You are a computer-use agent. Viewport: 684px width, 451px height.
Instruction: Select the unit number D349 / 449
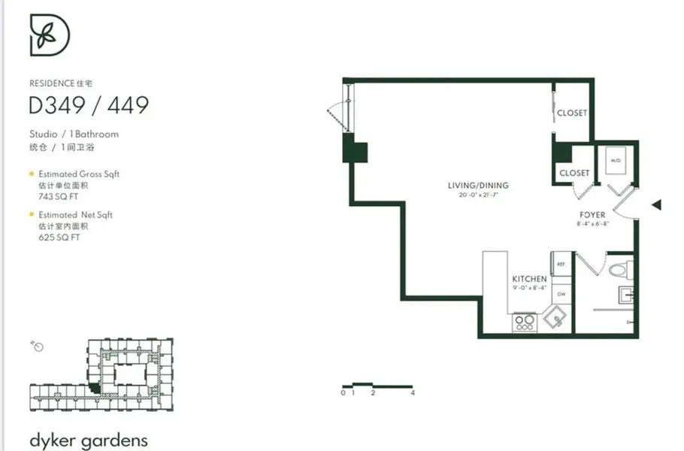click(89, 105)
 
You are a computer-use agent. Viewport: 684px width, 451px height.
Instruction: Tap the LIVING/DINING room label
click(478, 186)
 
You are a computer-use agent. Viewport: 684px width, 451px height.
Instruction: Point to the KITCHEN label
click(529, 279)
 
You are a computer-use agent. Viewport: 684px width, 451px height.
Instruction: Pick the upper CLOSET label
click(572, 114)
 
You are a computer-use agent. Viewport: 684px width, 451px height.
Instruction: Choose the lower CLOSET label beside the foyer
click(574, 173)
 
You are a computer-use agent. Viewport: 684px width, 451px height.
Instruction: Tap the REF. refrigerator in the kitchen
click(561, 265)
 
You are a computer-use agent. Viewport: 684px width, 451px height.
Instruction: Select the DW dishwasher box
click(561, 294)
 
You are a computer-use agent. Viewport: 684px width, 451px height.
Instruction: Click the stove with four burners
click(525, 322)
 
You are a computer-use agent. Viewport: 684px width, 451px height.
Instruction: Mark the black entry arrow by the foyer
click(656, 204)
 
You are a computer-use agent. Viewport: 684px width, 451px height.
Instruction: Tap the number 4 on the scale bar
click(413, 393)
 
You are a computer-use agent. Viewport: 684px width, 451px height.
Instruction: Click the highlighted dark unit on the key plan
click(94, 387)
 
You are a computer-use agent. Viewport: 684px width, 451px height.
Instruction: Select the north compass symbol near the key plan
click(38, 346)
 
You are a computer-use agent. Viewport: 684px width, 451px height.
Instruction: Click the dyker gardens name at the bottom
click(78, 440)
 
